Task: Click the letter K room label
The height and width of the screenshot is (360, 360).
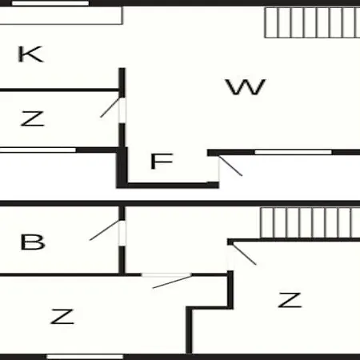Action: coord(30,54)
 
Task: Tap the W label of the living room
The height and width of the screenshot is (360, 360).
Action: coord(246,86)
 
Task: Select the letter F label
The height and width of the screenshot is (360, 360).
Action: coord(162,161)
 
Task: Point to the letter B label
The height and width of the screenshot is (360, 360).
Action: coord(33,242)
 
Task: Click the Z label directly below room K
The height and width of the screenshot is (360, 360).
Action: coord(32,118)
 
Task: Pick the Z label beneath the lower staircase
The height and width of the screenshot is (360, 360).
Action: coord(290,300)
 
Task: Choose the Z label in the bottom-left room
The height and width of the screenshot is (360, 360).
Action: coord(62,316)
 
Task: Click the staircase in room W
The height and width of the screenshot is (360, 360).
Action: coord(312,22)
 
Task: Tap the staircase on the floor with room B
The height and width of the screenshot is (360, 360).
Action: coord(310,223)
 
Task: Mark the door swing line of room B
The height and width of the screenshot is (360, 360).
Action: coord(105,230)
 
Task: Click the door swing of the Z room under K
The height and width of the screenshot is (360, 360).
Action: coord(110,107)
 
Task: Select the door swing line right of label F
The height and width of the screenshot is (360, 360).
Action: coord(230,166)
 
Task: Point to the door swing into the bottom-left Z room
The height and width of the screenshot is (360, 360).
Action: coord(172,282)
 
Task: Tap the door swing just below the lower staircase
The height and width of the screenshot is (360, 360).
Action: coord(244,254)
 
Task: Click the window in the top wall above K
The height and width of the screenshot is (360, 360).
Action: coord(50,3)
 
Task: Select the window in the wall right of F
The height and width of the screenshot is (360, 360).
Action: coord(293,152)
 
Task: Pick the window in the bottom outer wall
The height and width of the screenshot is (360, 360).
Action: coord(85,357)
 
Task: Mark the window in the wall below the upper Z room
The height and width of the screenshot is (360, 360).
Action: coord(38,150)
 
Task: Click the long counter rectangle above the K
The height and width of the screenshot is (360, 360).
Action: coord(61,15)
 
